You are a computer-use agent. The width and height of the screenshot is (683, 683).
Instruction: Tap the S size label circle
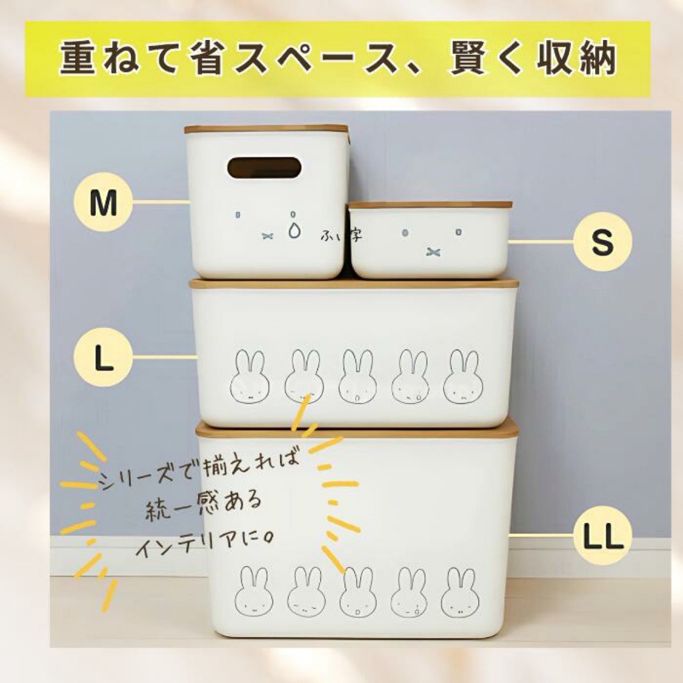tap(602, 241)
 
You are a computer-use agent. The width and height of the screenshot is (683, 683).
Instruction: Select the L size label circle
tap(103, 358)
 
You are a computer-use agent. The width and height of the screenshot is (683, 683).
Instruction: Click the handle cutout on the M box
tap(264, 167)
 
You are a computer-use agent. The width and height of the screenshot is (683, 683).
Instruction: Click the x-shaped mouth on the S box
tap(432, 251)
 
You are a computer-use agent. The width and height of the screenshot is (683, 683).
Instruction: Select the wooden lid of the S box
tap(430, 204)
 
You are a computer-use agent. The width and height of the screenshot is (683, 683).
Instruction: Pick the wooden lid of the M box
tap(266, 129)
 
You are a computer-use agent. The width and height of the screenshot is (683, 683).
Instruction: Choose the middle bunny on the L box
tap(357, 376)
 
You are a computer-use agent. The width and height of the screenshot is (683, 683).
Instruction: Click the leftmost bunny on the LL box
tap(254, 592)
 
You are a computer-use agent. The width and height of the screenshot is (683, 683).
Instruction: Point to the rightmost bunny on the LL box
tap(460, 592)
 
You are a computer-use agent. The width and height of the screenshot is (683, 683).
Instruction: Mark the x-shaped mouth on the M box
tap(267, 236)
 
